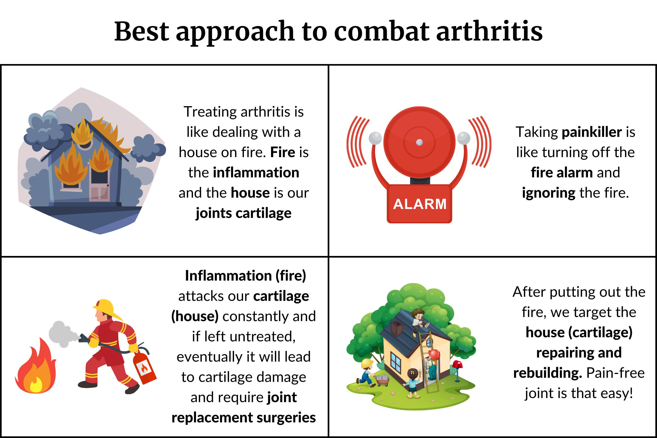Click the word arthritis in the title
point(489,31)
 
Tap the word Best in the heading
point(142,31)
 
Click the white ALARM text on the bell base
point(420,204)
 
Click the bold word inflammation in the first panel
point(256,173)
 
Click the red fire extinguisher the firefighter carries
point(144,366)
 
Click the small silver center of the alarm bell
point(419,142)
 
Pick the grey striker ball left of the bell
point(375,138)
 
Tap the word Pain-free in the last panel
point(615,373)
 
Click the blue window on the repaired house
point(395,361)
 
